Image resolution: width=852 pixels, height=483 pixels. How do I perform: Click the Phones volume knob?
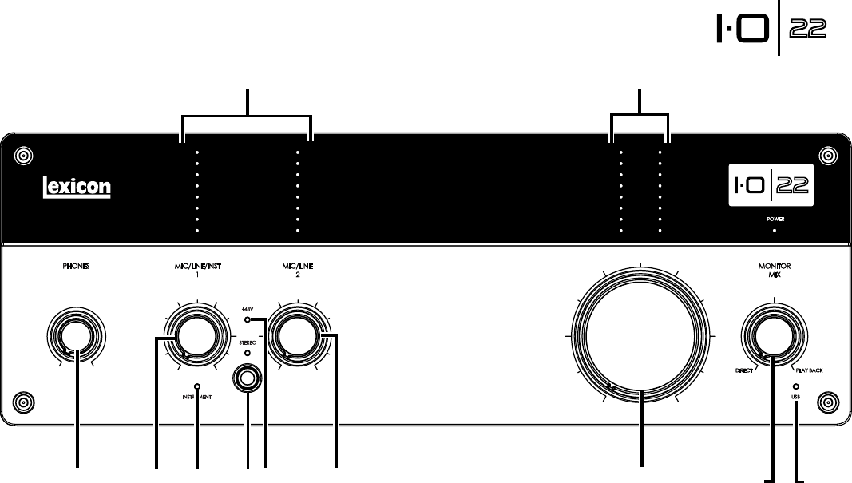75,336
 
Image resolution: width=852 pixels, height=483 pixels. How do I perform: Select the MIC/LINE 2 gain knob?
293,336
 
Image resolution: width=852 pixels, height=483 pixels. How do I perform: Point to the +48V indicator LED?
248,320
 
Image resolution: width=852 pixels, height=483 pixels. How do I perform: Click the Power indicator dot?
773,228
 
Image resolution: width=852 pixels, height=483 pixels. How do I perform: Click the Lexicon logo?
76,188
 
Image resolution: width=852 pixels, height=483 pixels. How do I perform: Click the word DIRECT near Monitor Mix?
745,372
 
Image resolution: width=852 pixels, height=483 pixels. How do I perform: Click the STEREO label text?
248,341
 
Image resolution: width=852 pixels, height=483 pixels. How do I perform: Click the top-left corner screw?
23,153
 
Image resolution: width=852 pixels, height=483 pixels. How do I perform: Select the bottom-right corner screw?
828,399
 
